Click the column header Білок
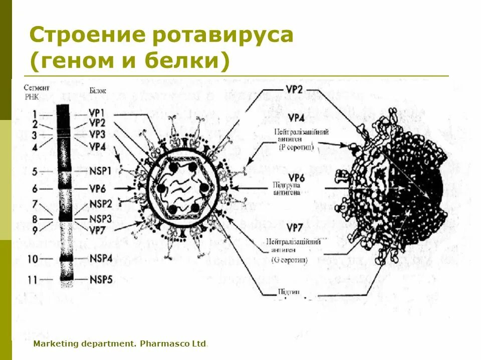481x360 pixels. [x=98, y=90]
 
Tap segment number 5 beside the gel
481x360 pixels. [x=34, y=171]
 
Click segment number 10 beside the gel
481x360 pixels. [x=33, y=259]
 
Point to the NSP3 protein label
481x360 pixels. [x=100, y=218]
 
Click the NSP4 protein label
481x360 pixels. [x=100, y=258]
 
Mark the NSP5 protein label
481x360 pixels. [x=100, y=278]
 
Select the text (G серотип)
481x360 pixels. [x=290, y=260]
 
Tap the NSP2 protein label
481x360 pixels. [x=100, y=203]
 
